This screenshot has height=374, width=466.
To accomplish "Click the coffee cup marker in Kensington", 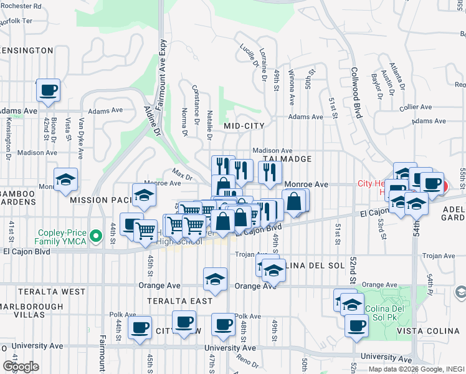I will [48, 90].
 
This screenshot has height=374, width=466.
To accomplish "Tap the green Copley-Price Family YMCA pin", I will [95, 236].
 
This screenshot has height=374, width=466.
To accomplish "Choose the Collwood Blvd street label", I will [356, 93].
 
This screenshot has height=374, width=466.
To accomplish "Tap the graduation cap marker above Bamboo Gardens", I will [65, 180].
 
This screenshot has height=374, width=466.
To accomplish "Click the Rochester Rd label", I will [21, 6].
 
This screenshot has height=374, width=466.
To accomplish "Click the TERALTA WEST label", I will [42, 291].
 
